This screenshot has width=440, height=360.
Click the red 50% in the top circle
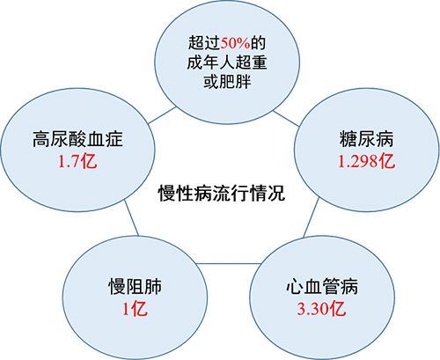235,43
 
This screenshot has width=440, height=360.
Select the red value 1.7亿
77,161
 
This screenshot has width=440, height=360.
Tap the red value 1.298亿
367,161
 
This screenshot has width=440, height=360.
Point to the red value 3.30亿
322,309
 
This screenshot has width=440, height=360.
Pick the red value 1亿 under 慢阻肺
135,309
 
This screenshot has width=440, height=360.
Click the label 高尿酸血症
77,139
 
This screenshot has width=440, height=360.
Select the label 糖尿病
367,139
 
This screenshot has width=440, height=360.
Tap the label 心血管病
322,286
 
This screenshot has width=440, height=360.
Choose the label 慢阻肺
135,286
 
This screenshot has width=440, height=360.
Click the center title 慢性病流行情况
222,193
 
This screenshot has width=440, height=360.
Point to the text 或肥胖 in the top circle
227,81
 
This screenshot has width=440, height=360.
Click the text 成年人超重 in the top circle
227,62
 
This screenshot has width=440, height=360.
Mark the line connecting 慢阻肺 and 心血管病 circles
228,263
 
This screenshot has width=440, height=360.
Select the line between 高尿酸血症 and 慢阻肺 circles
131,217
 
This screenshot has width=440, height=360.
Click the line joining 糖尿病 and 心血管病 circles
312,217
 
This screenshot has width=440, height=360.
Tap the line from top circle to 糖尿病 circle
286,119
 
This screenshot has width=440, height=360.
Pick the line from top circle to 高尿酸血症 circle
162,115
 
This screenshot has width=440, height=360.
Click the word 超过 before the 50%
204,43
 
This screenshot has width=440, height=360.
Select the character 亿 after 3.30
339,309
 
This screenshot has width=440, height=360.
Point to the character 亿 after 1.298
387,161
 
